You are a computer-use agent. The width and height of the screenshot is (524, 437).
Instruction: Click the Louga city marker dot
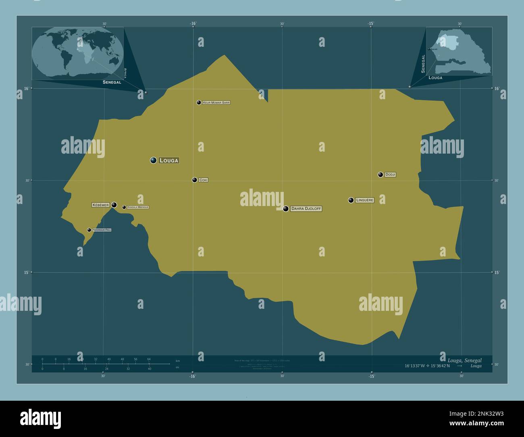[153, 160]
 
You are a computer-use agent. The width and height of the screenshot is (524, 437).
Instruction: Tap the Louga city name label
[169, 160]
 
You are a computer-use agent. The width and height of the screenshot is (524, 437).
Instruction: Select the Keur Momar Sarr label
[216, 103]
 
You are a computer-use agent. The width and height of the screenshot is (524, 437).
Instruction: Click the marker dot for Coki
[194, 180]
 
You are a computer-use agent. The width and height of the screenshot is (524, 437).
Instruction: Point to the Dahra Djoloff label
[306, 209]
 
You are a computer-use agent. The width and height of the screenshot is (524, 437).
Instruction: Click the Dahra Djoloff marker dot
[286, 209]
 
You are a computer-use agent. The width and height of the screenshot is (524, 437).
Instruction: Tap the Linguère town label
[365, 200]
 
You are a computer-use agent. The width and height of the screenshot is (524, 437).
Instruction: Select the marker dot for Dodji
[381, 175]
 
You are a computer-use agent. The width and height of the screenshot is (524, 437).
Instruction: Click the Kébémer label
[101, 205]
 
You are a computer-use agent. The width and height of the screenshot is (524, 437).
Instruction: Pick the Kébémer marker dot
[114, 205]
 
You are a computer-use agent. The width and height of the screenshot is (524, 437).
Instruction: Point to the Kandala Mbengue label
[138, 207]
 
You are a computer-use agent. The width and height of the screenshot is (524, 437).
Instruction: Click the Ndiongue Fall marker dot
[89, 230]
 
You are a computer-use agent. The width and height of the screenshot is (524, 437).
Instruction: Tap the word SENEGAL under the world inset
[112, 82]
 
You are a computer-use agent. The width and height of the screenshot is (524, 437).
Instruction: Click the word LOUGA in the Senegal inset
[435, 78]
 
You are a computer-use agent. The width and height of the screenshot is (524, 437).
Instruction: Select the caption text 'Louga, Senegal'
[464, 360]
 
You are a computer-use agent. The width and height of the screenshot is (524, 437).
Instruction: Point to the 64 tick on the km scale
[149, 359]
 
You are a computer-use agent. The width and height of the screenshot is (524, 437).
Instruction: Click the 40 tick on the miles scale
[149, 369]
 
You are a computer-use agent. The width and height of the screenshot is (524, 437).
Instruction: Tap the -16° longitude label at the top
[193, 24]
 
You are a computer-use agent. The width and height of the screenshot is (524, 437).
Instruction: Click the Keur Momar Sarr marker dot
[199, 102]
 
